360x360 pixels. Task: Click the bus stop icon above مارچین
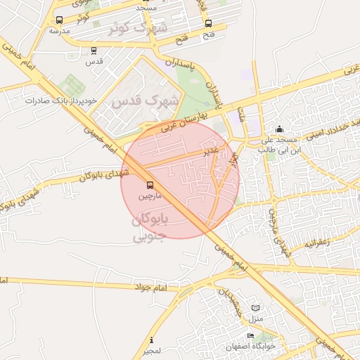[x=149, y=185]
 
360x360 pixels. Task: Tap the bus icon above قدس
[x=94, y=51]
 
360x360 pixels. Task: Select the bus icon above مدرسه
[x=58, y=20]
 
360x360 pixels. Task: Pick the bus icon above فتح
[x=209, y=22]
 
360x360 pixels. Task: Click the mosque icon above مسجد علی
[x=280, y=129]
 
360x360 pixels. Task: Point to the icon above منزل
[x=255, y=308]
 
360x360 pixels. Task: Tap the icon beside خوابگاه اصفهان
[x=251, y=336]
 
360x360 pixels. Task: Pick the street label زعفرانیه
[x=316, y=243]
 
